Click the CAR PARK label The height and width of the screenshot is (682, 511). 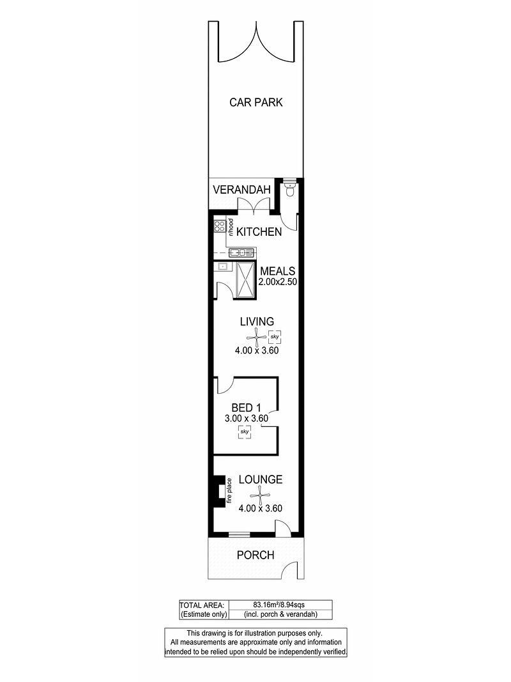tap(256, 102)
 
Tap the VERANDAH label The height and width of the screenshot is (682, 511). tap(241, 190)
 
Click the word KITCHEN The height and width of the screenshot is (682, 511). tap(259, 232)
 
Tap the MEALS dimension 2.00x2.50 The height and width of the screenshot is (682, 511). tap(278, 282)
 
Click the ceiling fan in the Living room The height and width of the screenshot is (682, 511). tap(257, 337)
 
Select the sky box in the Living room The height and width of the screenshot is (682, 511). tap(274, 337)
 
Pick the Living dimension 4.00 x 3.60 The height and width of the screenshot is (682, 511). tap(257, 350)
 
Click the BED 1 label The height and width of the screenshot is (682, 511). tap(246, 408)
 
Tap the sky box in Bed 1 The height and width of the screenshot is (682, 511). tap(245, 432)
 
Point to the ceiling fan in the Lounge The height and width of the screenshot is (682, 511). tap(260, 495)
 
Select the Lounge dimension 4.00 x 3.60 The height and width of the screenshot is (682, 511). tap(260, 508)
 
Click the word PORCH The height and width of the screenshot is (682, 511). tap(256, 555)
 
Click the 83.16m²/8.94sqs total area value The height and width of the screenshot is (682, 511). tap(282, 605)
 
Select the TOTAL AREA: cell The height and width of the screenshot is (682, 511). tap(203, 605)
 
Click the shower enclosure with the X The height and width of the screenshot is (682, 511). tap(245, 280)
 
